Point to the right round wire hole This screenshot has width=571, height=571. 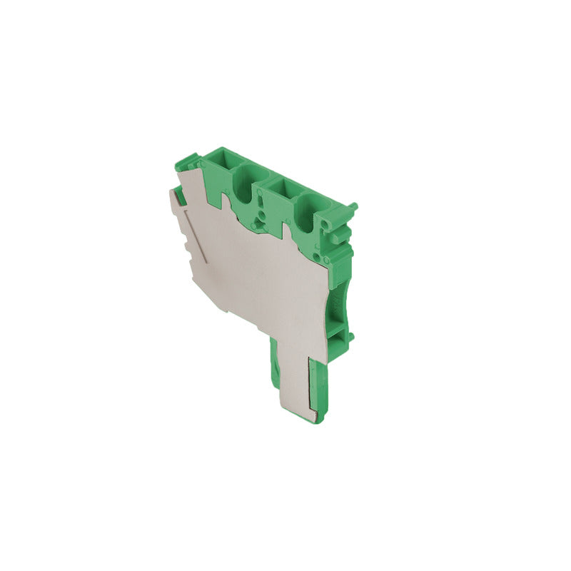(x=309, y=214)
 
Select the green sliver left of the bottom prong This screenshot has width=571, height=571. (x=273, y=364)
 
